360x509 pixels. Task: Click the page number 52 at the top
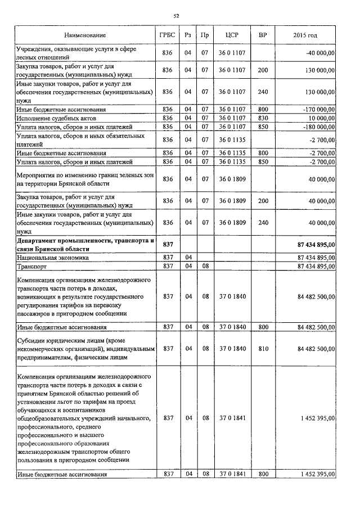pos(176,16)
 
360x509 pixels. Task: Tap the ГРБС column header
pos(167,35)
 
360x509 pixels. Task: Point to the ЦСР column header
pos(232,35)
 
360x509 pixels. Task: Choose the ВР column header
pos(263,35)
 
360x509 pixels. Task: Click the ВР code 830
pos(263,119)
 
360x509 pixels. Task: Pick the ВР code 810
pos(263,349)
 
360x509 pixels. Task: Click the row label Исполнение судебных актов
pos(57,119)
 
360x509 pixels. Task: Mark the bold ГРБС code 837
pos(167,245)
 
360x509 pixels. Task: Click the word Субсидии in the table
pos(32,339)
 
